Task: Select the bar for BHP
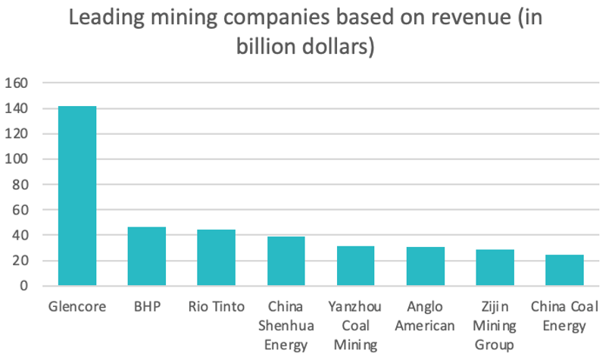coord(147,256)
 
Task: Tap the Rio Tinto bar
coord(217,258)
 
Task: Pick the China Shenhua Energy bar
coord(286,261)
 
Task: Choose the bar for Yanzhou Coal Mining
coord(355,266)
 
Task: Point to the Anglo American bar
coord(425,266)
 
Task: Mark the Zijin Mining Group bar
coord(495,268)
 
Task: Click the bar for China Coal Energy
coord(564,270)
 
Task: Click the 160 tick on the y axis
coord(17,83)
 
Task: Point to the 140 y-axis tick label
coord(17,108)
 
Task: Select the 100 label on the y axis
coord(17,159)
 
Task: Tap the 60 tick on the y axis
coord(20,210)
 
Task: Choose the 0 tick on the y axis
coord(24,286)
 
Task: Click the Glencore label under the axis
coord(78,307)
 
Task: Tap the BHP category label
coord(147,307)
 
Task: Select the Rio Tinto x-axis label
coord(217,307)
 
